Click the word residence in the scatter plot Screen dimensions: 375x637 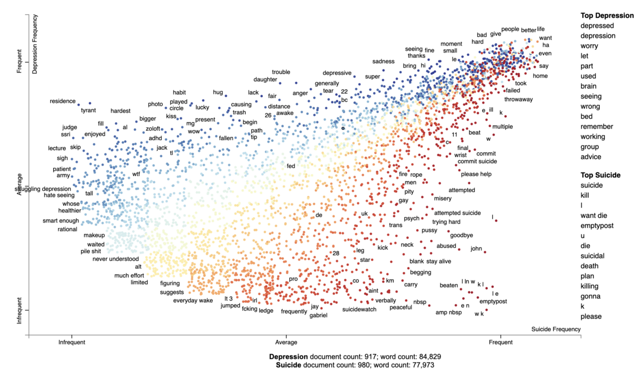(63, 101)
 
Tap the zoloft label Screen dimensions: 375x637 (153, 129)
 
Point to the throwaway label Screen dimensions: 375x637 (519, 99)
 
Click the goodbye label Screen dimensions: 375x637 (461, 235)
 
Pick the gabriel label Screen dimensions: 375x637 (318, 316)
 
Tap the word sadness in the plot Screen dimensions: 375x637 (383, 62)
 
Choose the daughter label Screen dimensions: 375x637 (265, 80)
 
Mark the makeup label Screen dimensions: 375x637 (94, 235)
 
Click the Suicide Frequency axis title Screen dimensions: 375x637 (556, 329)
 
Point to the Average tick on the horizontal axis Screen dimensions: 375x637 (287, 343)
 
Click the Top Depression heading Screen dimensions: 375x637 (606, 15)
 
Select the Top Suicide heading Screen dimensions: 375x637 (600, 175)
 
